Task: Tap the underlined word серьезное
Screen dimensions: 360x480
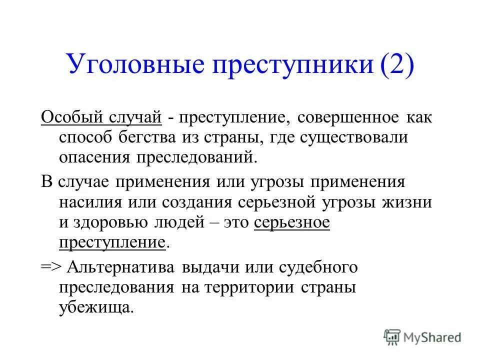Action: click(x=292, y=223)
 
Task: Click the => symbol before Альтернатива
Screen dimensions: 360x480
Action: click(x=50, y=267)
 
